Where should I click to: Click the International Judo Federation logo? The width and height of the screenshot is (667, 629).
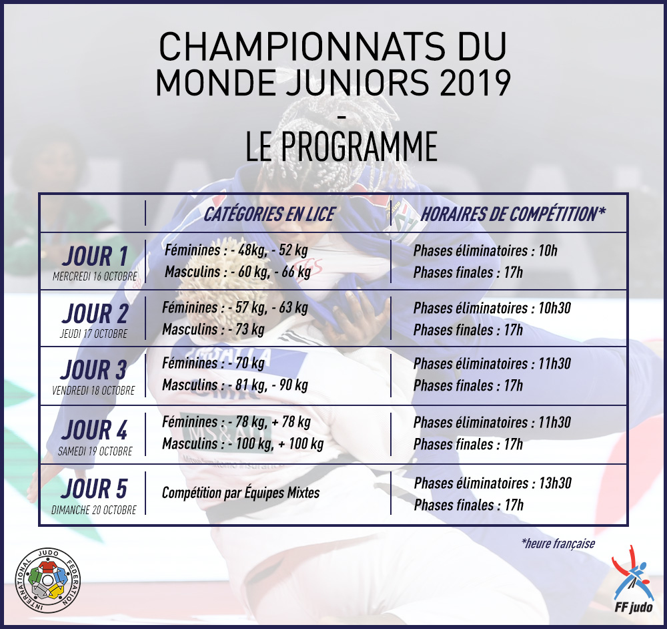pyautogui.click(x=47, y=580)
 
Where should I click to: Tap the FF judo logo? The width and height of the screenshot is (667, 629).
pyautogui.click(x=633, y=579)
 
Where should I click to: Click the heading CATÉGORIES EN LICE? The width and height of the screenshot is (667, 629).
pyautogui.click(x=269, y=214)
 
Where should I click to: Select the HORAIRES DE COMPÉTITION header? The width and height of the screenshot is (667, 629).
pyautogui.click(x=513, y=214)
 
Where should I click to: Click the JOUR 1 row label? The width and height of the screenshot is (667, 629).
pyautogui.click(x=95, y=256)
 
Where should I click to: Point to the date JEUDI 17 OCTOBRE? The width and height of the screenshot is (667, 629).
pyautogui.click(x=93, y=333)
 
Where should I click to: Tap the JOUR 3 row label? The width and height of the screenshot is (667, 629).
pyautogui.click(x=94, y=370)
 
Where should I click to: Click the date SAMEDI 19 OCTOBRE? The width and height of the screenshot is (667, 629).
pyautogui.click(x=95, y=451)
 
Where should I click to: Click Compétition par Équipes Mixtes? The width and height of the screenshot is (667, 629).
pyautogui.click(x=241, y=493)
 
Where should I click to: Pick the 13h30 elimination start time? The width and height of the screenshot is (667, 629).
pyautogui.click(x=555, y=483)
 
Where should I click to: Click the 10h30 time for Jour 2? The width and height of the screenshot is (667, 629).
pyautogui.click(x=555, y=308)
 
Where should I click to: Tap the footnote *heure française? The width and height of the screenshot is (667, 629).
pyautogui.click(x=558, y=544)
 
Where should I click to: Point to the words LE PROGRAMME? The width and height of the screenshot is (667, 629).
pyautogui.click(x=342, y=146)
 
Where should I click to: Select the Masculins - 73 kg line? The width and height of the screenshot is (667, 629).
pyautogui.click(x=213, y=330)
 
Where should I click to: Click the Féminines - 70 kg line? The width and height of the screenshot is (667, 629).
pyautogui.click(x=213, y=363)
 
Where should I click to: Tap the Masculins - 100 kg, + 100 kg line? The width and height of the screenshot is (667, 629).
pyautogui.click(x=243, y=444)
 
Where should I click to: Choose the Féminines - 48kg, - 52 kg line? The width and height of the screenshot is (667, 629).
pyautogui.click(x=237, y=250)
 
